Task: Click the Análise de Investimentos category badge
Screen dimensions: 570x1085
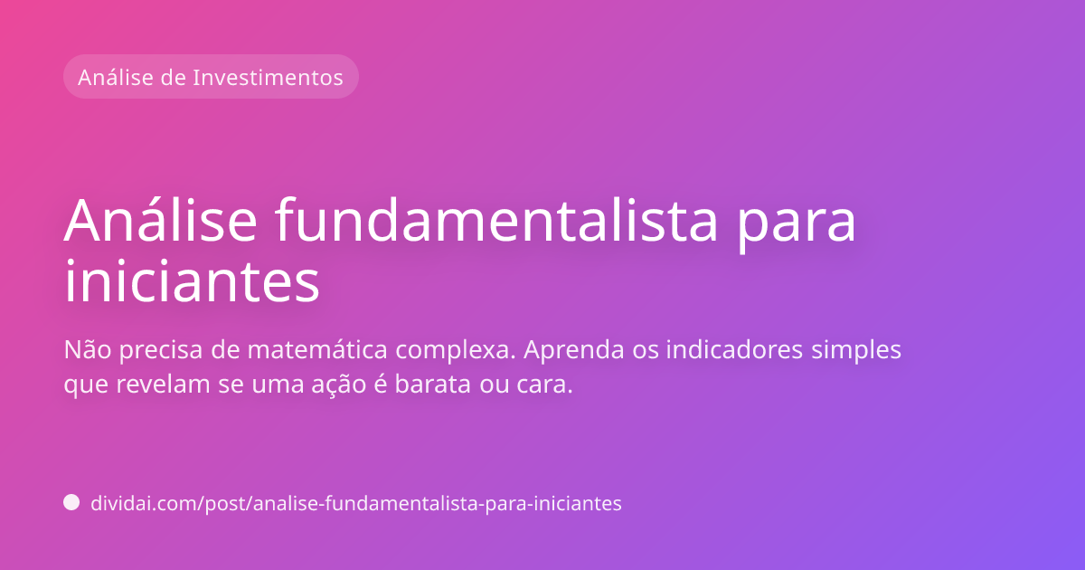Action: (211, 77)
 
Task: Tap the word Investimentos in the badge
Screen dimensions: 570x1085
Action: (268, 77)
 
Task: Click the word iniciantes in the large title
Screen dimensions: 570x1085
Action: (192, 282)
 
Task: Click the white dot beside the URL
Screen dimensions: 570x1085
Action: (71, 503)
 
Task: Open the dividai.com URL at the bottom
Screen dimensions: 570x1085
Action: (356, 504)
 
